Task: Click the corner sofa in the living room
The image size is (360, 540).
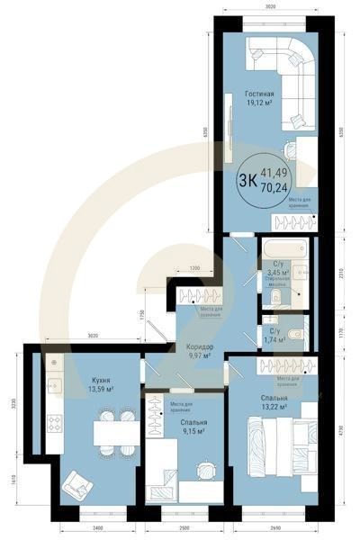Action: tap(283, 63)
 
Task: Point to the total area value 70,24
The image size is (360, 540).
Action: tap(274, 188)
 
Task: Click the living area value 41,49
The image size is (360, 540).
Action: tap(274, 172)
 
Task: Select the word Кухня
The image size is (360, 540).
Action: tap(101, 380)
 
